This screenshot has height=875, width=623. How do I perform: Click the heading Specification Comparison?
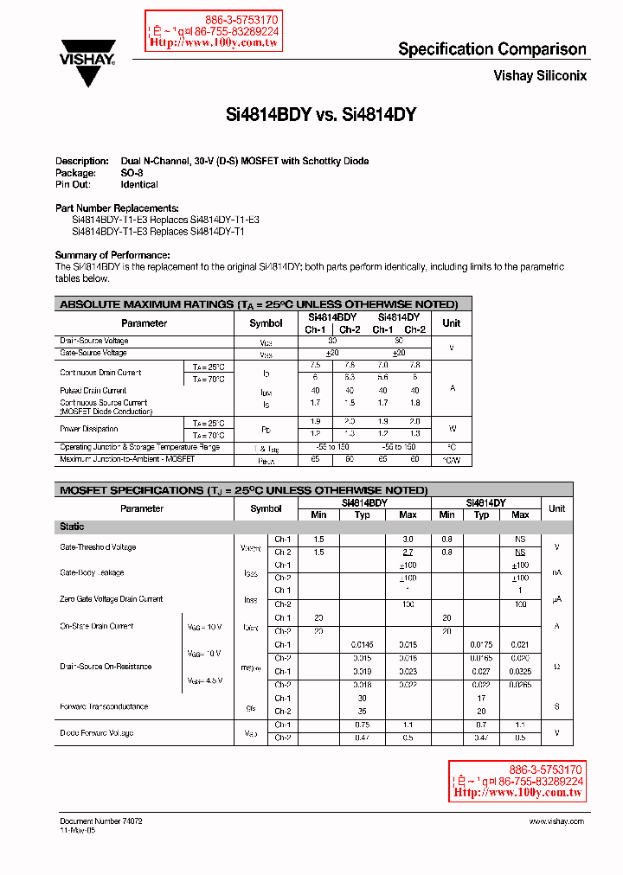click(x=491, y=49)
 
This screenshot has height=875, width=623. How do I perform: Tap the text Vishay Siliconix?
click(x=540, y=75)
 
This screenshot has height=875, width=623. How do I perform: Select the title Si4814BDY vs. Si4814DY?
click(x=321, y=114)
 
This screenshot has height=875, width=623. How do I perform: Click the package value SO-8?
click(x=132, y=173)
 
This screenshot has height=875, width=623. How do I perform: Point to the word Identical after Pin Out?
click(x=139, y=184)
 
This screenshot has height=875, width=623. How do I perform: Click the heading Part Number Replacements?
click(x=117, y=208)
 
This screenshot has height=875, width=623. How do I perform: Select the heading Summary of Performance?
click(x=112, y=255)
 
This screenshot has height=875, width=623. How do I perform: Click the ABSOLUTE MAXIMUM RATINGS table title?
click(x=258, y=304)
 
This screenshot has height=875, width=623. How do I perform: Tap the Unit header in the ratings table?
click(x=452, y=323)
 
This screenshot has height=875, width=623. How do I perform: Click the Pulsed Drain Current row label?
click(x=93, y=391)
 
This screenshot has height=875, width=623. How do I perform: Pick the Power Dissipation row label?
click(x=88, y=429)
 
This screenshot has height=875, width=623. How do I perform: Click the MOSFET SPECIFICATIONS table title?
click(x=243, y=490)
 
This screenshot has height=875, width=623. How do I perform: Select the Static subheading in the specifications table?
click(x=72, y=527)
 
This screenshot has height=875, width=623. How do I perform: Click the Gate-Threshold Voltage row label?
click(x=98, y=547)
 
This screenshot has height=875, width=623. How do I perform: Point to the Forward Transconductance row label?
click(x=104, y=706)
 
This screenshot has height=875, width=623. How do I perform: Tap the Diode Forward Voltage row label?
click(x=97, y=733)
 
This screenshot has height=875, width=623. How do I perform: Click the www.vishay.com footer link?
click(x=554, y=821)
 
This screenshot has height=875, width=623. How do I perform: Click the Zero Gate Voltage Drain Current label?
click(x=112, y=599)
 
